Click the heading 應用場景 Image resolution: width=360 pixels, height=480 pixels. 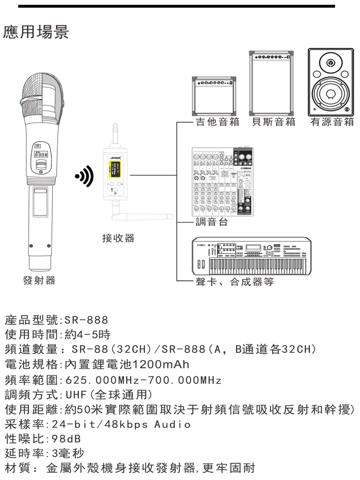36,33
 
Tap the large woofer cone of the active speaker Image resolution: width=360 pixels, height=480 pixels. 330,94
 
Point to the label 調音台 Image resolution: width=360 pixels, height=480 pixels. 211,222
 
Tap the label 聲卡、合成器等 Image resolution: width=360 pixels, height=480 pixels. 235,282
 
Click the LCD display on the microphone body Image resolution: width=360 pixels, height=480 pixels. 41,156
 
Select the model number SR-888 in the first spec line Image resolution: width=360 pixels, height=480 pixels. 86,320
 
